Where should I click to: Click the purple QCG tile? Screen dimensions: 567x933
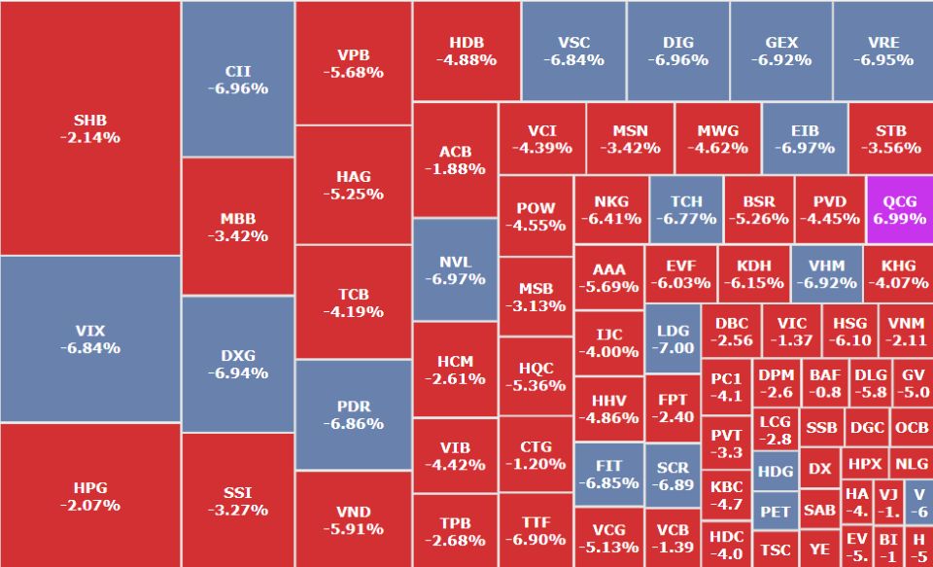pyautogui.click(x=899, y=209)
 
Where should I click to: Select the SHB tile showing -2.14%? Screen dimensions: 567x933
pyautogui.click(x=90, y=128)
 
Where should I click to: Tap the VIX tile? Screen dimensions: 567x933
pyautogui.click(x=90, y=338)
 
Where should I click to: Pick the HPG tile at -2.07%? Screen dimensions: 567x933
pyautogui.click(x=90, y=495)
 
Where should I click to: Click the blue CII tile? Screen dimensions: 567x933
pyautogui.click(x=237, y=79)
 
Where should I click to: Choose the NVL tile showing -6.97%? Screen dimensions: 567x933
pyautogui.click(x=455, y=269)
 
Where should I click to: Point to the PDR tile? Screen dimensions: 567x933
pyautogui.click(x=353, y=415)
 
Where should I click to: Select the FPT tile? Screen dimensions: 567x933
pyautogui.click(x=673, y=408)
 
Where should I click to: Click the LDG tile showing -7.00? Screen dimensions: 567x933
pyautogui.click(x=673, y=337)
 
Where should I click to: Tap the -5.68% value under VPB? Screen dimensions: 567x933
pyautogui.click(x=353, y=72)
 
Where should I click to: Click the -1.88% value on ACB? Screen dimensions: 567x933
pyautogui.click(x=455, y=168)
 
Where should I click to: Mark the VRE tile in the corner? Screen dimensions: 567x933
pyautogui.click(x=882, y=51)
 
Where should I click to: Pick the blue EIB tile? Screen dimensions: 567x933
pyautogui.click(x=805, y=138)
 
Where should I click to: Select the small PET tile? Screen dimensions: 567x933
pyautogui.click(x=776, y=511)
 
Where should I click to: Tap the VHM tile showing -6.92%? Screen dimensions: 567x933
pyautogui.click(x=826, y=273)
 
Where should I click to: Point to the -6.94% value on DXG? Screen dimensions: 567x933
pyautogui.click(x=237, y=373)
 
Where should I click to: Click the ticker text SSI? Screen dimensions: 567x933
pyautogui.click(x=237, y=492)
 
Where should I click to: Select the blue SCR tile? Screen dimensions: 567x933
pyautogui.click(x=673, y=476)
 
